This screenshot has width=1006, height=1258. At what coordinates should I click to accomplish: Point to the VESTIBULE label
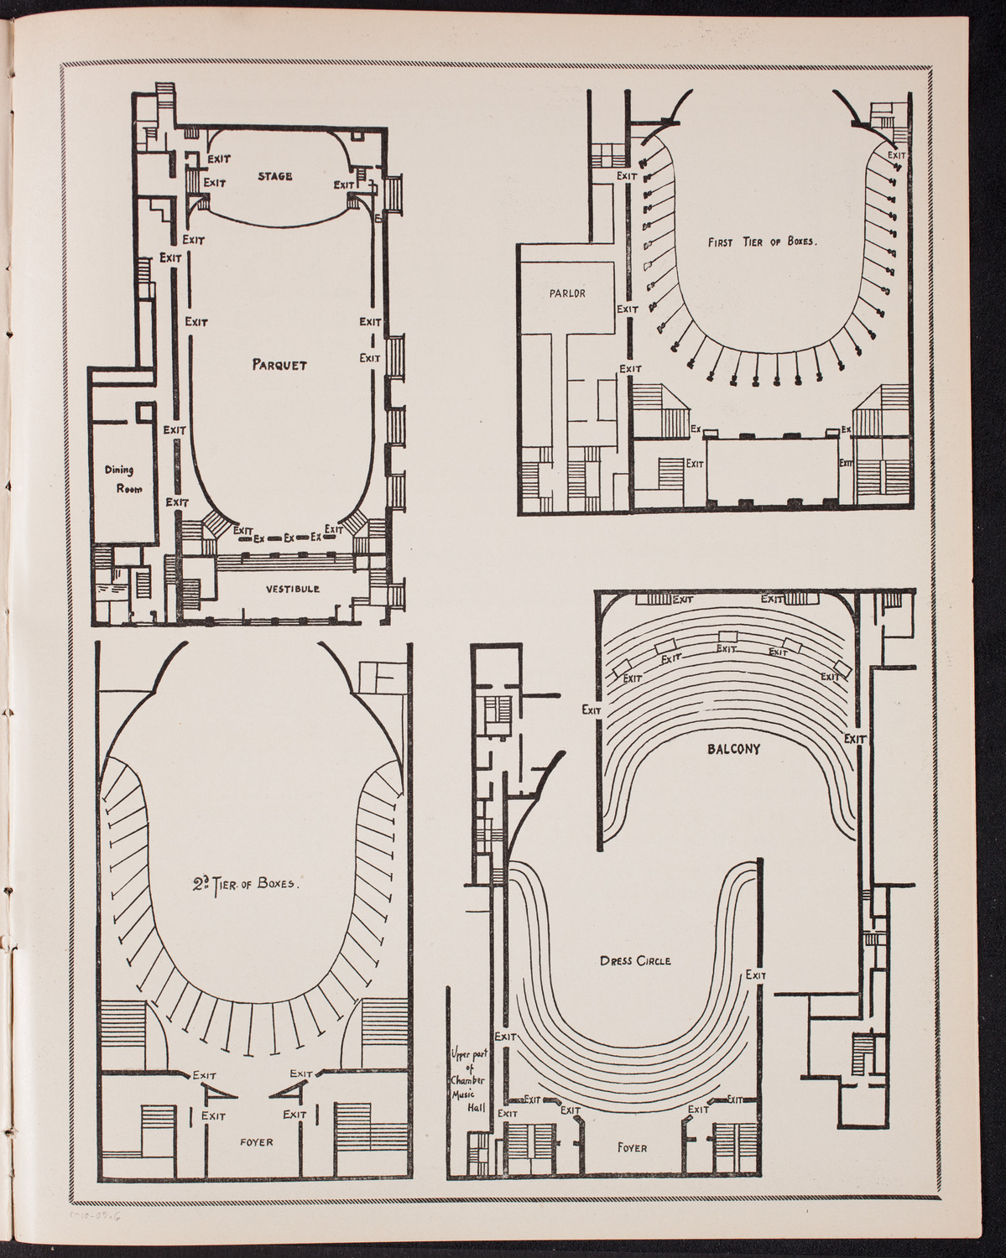click(x=293, y=589)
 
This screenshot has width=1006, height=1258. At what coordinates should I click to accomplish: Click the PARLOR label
click(x=566, y=294)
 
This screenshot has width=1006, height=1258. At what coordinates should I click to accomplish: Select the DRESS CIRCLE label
click(x=635, y=960)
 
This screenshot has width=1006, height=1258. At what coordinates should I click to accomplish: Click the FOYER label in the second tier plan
click(x=256, y=1141)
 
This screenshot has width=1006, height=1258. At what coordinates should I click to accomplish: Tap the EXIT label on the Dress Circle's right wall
click(x=755, y=975)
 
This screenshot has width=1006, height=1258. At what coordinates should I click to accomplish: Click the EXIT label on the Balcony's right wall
click(x=855, y=738)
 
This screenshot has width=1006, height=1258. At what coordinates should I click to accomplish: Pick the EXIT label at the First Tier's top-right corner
click(x=896, y=155)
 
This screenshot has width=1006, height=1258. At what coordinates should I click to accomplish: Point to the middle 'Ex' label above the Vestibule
click(x=289, y=538)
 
